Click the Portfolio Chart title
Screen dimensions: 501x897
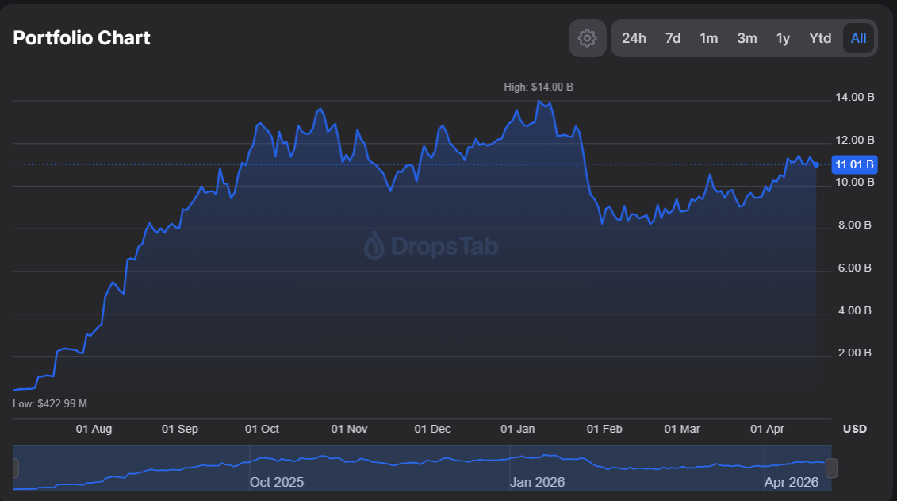click(x=82, y=37)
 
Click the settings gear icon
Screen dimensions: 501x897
click(x=587, y=38)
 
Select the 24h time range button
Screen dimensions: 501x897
click(x=634, y=38)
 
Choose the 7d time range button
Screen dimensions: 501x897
click(x=673, y=38)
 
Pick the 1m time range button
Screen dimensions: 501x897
click(x=708, y=38)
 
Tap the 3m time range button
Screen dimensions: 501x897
click(x=746, y=38)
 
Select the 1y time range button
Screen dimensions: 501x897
click(x=783, y=38)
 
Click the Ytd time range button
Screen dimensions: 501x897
click(x=820, y=38)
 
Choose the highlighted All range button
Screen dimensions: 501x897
click(x=858, y=38)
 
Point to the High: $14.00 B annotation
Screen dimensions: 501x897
click(x=538, y=87)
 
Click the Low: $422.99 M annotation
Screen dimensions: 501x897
click(x=50, y=403)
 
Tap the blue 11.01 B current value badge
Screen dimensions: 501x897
click(x=854, y=165)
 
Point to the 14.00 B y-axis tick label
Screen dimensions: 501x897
click(x=854, y=98)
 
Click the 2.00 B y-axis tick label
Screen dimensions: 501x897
click(x=854, y=353)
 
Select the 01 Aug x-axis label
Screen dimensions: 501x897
click(x=94, y=429)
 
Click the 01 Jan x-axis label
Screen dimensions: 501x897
click(x=517, y=429)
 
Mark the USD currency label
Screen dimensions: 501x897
click(x=854, y=429)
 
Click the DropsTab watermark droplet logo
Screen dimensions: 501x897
click(x=374, y=246)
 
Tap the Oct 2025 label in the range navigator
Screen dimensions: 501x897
click(x=276, y=482)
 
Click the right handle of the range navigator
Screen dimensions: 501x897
click(x=831, y=468)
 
